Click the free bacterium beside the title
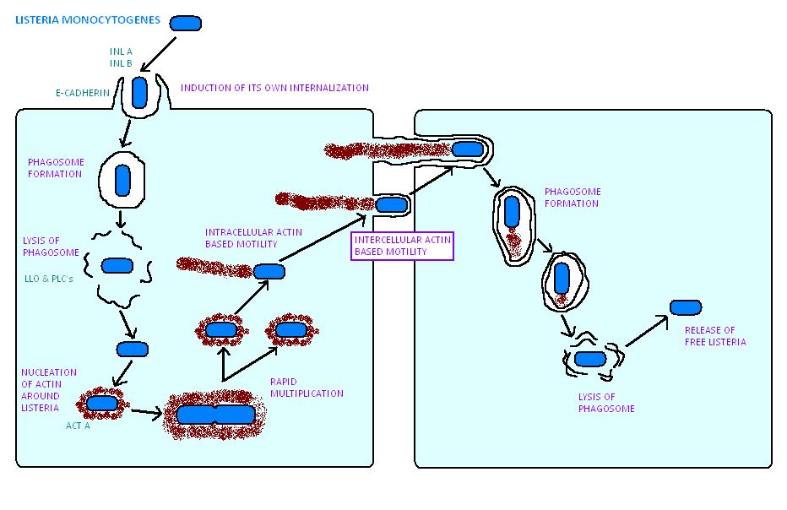[x=186, y=23]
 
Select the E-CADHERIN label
[x=83, y=92]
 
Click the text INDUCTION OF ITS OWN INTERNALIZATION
[x=274, y=88]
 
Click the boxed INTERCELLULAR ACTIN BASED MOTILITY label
[x=403, y=246]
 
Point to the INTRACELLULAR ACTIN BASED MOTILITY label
[x=241, y=238]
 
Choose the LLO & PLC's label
[x=50, y=278]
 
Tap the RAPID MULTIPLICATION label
[x=306, y=387]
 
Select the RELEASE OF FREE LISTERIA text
[x=714, y=335]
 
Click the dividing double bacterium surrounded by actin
[x=215, y=415]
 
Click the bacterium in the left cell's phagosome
[x=123, y=179]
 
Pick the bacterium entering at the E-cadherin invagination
[x=139, y=92]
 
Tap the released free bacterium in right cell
[x=685, y=307]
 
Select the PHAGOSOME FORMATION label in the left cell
[x=54, y=168]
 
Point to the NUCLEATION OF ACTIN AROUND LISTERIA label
[x=48, y=389]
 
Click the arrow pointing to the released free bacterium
[x=646, y=331]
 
